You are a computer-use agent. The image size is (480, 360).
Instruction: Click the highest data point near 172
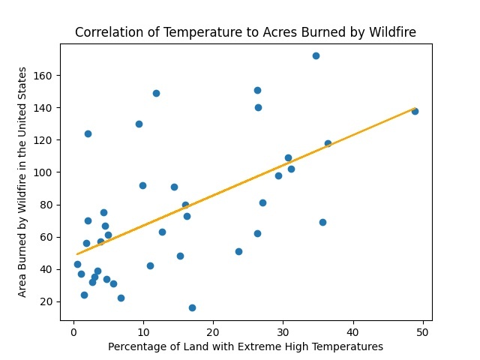coord(316,55)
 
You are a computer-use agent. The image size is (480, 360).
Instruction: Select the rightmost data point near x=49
coord(415,111)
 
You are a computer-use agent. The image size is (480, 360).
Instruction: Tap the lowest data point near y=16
coord(192,307)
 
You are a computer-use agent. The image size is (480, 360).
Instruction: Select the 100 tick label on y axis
coord(46,172)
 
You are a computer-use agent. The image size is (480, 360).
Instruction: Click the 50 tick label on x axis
coord(422,331)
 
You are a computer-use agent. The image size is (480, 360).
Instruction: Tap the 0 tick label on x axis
coord(73,331)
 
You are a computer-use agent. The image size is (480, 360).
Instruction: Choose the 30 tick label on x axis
coord(283,331)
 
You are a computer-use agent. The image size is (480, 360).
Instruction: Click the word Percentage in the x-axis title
coord(137,346)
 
